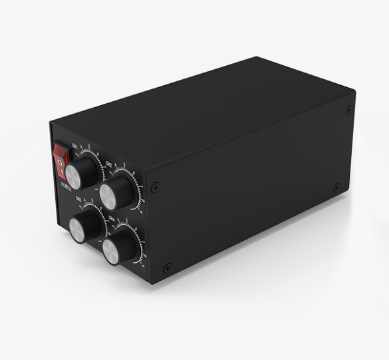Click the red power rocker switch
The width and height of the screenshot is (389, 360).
pyautogui.click(x=61, y=160)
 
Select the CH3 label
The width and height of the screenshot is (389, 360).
pyautogui.click(x=78, y=200)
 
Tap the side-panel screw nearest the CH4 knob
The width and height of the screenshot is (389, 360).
pyautogui.click(x=166, y=268)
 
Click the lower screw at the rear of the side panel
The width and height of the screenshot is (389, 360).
pyautogui.click(x=336, y=188)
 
